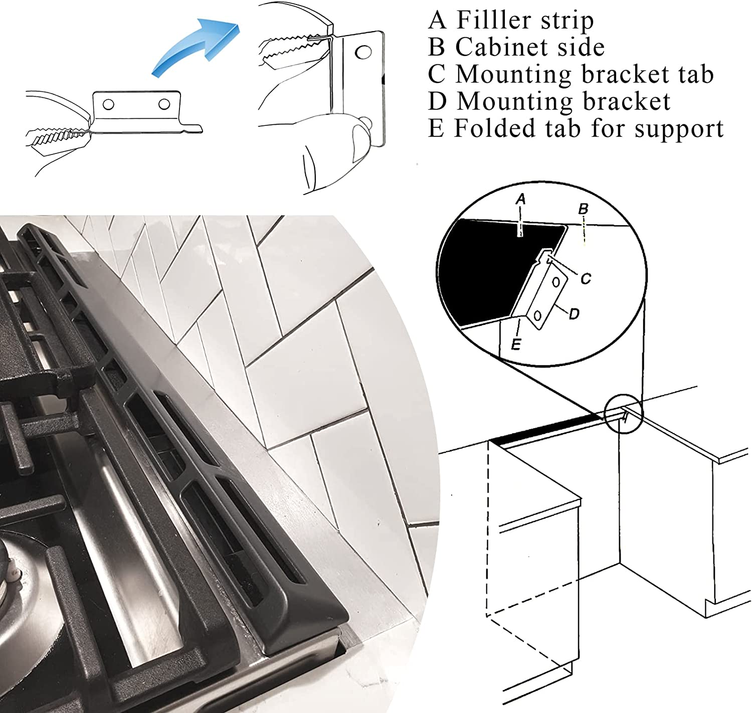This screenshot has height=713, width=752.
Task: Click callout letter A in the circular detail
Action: tap(520, 199)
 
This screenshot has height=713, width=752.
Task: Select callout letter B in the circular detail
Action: tap(583, 209)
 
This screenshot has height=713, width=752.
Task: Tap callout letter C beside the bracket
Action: tap(586, 279)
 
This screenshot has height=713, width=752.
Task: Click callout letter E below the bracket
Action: tap(516, 344)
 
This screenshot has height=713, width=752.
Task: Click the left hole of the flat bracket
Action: tap(108, 104)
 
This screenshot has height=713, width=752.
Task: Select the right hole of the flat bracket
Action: tap(164, 104)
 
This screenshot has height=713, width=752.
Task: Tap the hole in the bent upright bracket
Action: tap(363, 53)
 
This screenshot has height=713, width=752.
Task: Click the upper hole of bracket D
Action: tap(556, 282)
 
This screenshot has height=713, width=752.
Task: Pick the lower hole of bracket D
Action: tap(537, 316)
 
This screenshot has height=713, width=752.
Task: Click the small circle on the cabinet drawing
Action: tap(624, 414)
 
